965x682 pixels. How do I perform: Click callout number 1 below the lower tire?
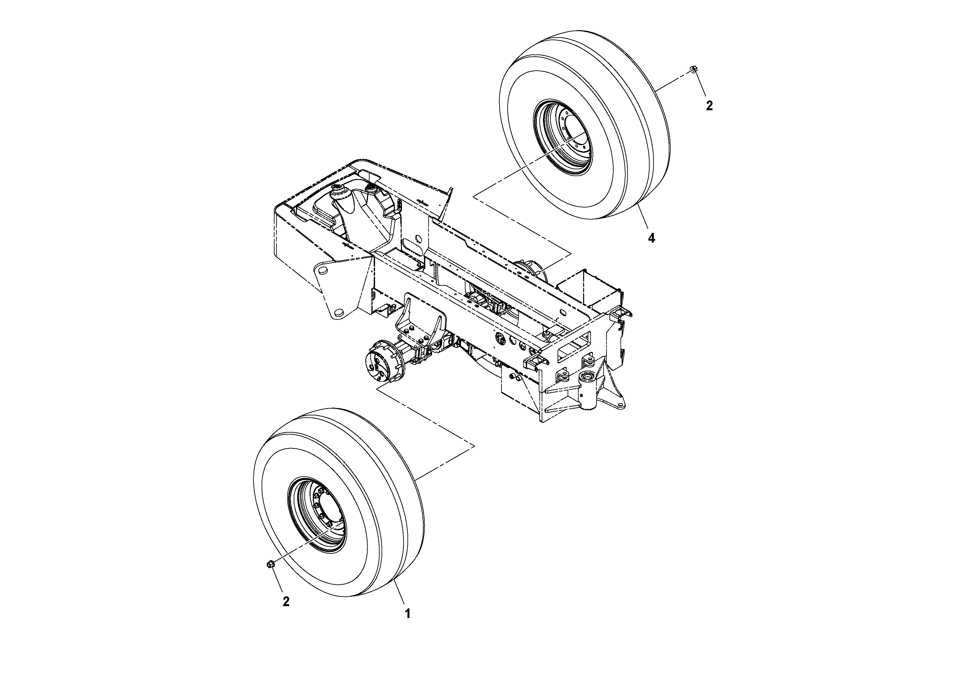coord(407,614)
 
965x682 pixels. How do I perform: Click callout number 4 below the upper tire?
coord(651,238)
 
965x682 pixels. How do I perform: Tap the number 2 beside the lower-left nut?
coord(286,602)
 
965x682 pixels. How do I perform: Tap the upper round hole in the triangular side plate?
coord(323,270)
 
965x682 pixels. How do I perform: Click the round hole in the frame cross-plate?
coord(418,239)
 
